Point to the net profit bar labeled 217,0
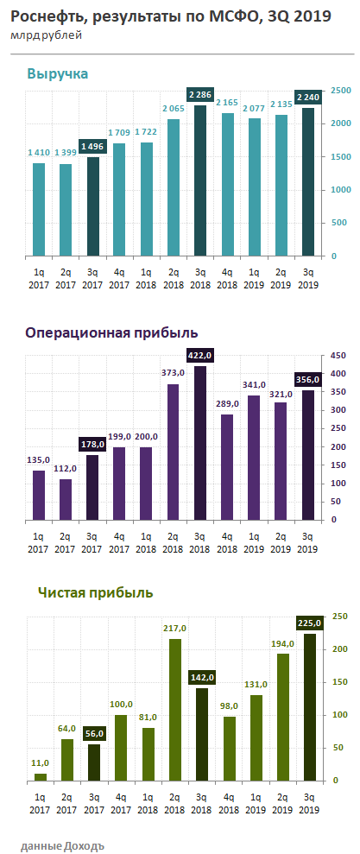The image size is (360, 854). pos(173,710)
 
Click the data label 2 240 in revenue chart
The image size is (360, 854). pos(307,98)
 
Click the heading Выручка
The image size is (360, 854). pos(58,74)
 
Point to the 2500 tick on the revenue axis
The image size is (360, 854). pos(340,91)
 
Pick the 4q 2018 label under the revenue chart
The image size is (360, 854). pos(226,277)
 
